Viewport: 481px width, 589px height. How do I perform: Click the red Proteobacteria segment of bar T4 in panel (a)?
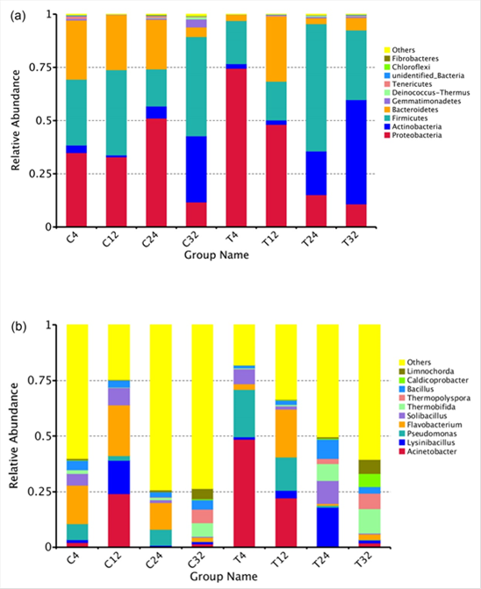coord(236,148)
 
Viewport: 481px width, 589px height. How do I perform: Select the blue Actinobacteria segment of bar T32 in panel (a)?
coord(356,152)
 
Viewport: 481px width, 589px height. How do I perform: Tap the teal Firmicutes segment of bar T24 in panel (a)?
coord(316,88)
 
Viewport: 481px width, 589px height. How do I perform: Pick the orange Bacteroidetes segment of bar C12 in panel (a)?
coord(117,42)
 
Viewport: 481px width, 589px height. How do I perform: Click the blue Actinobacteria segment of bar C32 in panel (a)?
coord(197,169)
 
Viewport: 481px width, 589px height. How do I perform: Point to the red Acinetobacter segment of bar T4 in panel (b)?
coord(244,493)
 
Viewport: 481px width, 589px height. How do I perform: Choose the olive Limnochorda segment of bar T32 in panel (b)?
coord(370,467)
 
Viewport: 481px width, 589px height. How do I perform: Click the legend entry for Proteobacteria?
coord(413,135)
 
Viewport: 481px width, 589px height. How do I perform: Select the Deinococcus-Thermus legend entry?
coord(427,92)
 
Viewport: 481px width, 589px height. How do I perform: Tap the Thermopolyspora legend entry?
coord(434,398)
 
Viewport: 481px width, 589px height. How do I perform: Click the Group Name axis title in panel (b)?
coord(224,577)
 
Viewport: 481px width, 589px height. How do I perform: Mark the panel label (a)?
coord(18,16)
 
